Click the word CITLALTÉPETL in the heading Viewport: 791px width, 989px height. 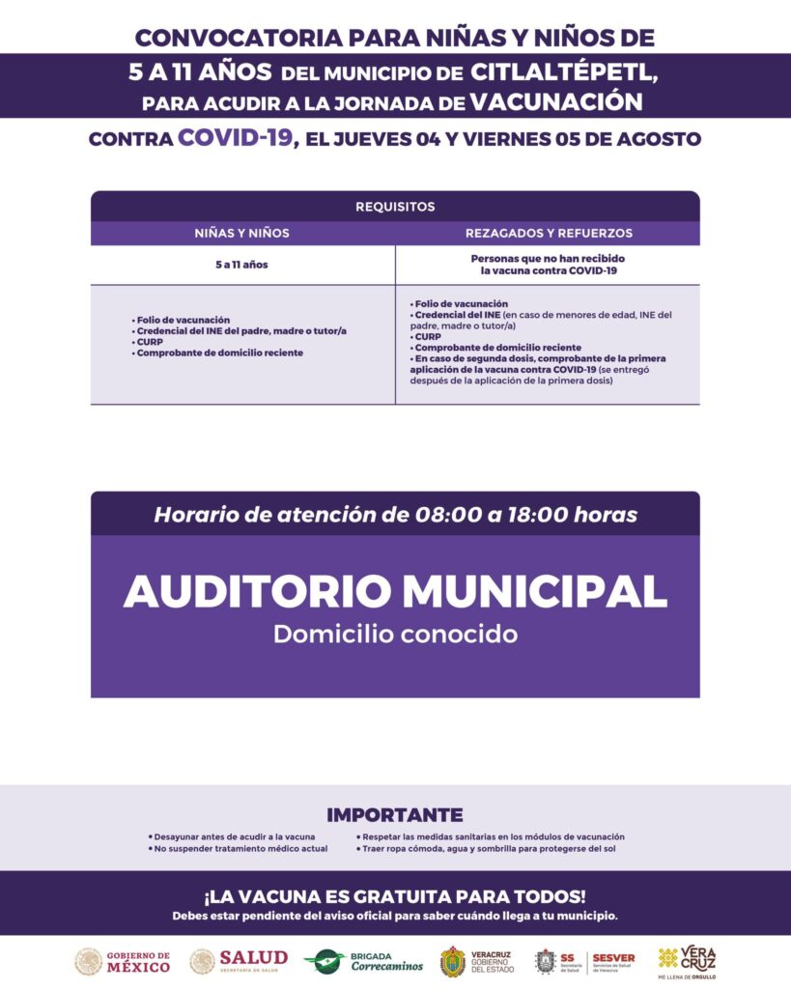click(x=565, y=71)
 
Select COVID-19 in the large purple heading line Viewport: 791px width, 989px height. click(x=235, y=138)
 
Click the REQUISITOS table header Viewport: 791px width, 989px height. click(x=395, y=207)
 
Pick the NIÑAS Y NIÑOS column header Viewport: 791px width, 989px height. click(x=242, y=233)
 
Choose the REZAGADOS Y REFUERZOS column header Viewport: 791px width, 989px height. click(x=549, y=233)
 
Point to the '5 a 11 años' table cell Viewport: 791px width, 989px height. click(x=242, y=265)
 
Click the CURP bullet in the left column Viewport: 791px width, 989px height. click(x=150, y=342)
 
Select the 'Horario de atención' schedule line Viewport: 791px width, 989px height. click(x=395, y=515)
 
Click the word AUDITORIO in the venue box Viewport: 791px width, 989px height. click(x=256, y=591)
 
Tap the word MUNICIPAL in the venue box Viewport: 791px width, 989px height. click(x=534, y=591)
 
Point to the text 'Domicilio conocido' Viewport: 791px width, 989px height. click(x=395, y=635)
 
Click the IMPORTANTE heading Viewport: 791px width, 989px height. click(x=395, y=815)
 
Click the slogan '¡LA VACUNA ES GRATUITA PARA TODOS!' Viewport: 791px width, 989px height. click(x=395, y=896)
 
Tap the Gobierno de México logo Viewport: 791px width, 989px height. click(x=123, y=961)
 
